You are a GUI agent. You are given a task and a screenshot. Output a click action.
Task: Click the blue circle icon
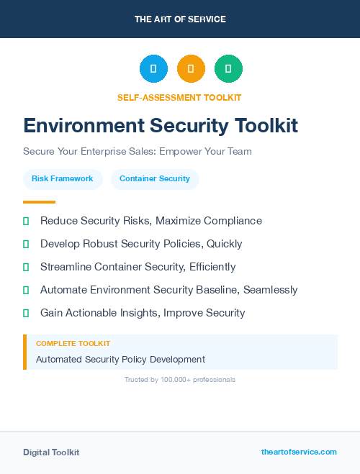pos(153,69)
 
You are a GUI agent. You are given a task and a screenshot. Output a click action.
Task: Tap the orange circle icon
pos(191,69)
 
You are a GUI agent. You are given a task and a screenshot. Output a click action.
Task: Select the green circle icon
pos(228,69)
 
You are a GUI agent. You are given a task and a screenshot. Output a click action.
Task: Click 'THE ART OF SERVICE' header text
pos(180,19)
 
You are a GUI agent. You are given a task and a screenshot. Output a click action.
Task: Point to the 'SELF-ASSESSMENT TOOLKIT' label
pos(179,97)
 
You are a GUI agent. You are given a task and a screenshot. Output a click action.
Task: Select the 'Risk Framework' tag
pos(63,178)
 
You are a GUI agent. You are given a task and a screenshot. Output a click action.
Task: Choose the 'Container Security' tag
pos(155,178)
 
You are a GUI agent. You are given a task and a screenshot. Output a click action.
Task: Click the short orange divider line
pos(39,202)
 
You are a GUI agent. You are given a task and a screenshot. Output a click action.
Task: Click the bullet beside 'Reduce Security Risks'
pos(26,221)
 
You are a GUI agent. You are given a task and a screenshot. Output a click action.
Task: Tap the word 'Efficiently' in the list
pos(212,267)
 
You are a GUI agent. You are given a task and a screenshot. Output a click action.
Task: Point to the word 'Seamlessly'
pos(270,290)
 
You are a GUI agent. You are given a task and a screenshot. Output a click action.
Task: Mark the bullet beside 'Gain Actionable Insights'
pos(26,313)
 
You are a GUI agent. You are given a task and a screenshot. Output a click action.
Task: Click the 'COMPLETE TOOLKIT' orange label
pos(73,344)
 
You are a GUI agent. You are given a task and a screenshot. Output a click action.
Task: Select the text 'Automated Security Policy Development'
pos(120,359)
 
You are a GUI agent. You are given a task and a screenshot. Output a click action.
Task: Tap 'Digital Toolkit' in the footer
pos(51,452)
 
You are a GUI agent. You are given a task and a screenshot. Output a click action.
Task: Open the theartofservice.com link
pos(299,452)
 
